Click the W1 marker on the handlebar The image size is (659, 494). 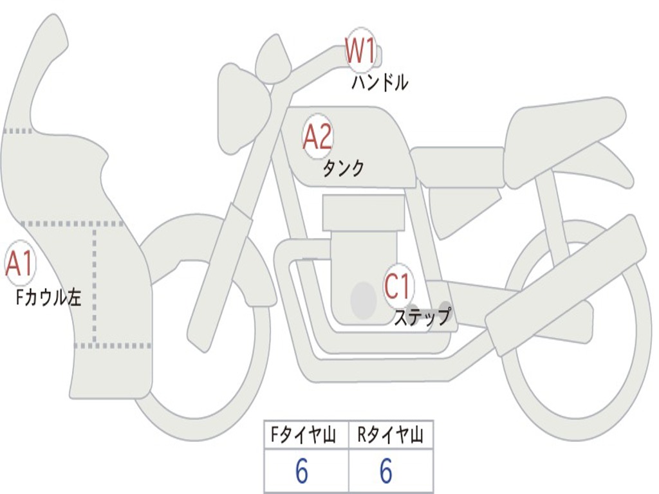(x=360, y=50)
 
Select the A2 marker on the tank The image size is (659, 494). (x=317, y=136)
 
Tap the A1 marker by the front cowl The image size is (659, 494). (x=19, y=264)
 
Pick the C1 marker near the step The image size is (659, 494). (x=398, y=286)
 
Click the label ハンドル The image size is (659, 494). (x=380, y=83)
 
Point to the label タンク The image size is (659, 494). (x=343, y=169)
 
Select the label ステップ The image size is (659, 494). (x=422, y=317)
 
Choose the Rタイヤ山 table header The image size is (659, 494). (x=391, y=436)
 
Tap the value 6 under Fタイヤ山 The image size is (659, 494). (x=302, y=472)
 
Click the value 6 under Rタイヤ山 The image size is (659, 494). (x=385, y=472)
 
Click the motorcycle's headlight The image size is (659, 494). (x=241, y=106)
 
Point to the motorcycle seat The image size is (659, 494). (x=566, y=129)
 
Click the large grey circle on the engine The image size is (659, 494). (x=364, y=300)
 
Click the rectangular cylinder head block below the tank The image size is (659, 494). (x=364, y=212)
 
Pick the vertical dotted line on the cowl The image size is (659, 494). (x=95, y=283)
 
